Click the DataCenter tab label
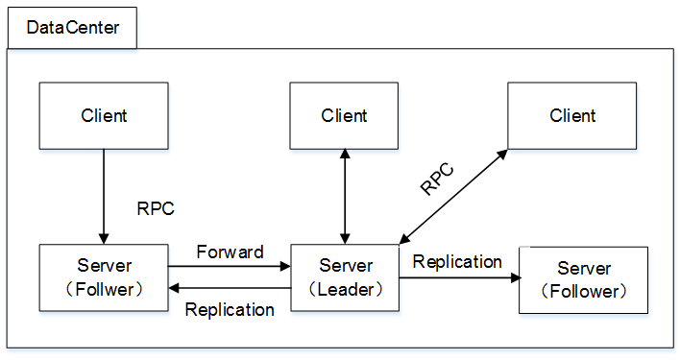[x=73, y=28]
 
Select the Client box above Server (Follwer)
[x=104, y=116]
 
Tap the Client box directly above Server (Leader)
[x=344, y=116]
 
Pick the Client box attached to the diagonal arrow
[x=572, y=116]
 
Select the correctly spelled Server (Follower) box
[x=583, y=279]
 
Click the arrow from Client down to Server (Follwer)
[x=104, y=197]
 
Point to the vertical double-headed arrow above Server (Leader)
[x=345, y=197]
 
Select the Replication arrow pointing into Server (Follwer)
[x=230, y=288]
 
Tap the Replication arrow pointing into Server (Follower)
[x=458, y=277]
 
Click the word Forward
[x=230, y=252]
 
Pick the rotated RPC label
[x=437, y=180]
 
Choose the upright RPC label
[x=157, y=208]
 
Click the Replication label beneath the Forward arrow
[x=230, y=309]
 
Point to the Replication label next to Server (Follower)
[x=457, y=261]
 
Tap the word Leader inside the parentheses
[x=346, y=289]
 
